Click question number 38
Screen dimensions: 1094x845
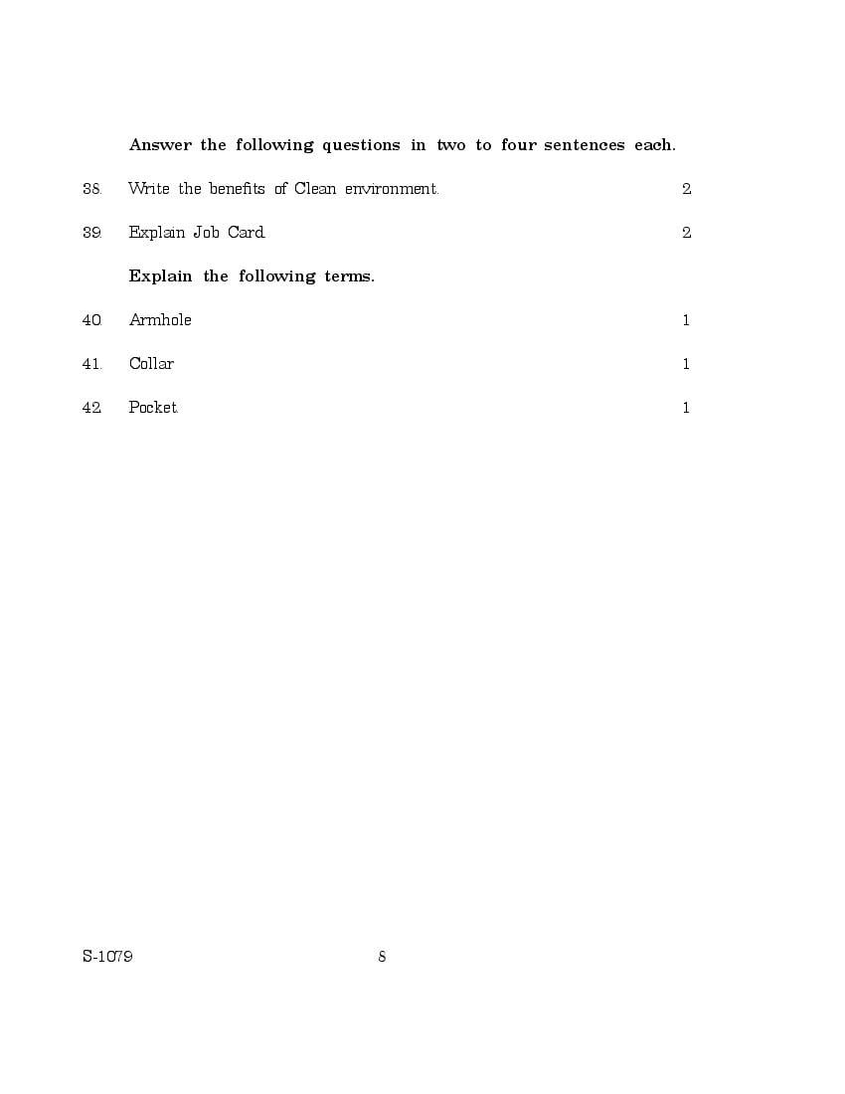91,189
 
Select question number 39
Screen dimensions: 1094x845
91,233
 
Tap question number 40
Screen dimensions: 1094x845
91,320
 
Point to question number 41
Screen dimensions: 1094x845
91,364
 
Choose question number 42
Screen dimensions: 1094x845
91,408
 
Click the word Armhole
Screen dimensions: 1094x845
160,320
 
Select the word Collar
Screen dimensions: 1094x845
151,364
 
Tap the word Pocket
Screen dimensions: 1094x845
153,408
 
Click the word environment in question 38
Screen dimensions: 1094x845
391,189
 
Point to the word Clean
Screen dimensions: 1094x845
315,189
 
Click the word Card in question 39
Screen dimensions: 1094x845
247,233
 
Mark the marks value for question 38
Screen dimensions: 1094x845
686,189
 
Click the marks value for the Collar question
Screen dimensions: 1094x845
686,364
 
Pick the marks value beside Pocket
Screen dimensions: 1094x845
686,408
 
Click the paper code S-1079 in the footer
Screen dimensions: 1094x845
107,957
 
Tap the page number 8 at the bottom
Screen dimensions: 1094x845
382,957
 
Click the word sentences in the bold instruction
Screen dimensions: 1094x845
585,145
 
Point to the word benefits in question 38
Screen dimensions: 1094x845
237,189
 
